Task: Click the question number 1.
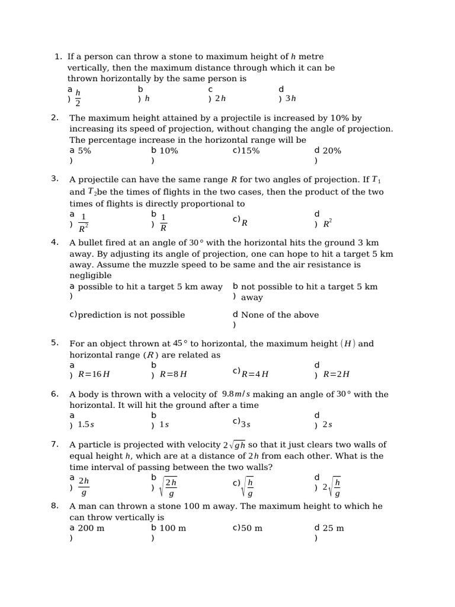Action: point(57,57)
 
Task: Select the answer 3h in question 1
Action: point(290,99)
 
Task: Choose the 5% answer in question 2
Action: point(84,151)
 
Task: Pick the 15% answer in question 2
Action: point(250,151)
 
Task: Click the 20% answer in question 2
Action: point(332,151)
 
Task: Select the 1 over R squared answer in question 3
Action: point(84,222)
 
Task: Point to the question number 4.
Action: point(55,242)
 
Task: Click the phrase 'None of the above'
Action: point(280,315)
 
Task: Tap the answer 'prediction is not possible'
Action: point(131,315)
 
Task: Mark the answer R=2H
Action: point(336,374)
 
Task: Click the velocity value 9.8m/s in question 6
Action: point(236,394)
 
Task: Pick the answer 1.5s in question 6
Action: point(86,424)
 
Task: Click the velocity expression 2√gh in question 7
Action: point(234,445)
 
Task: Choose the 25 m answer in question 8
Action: point(333,528)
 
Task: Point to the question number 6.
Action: point(55,394)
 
